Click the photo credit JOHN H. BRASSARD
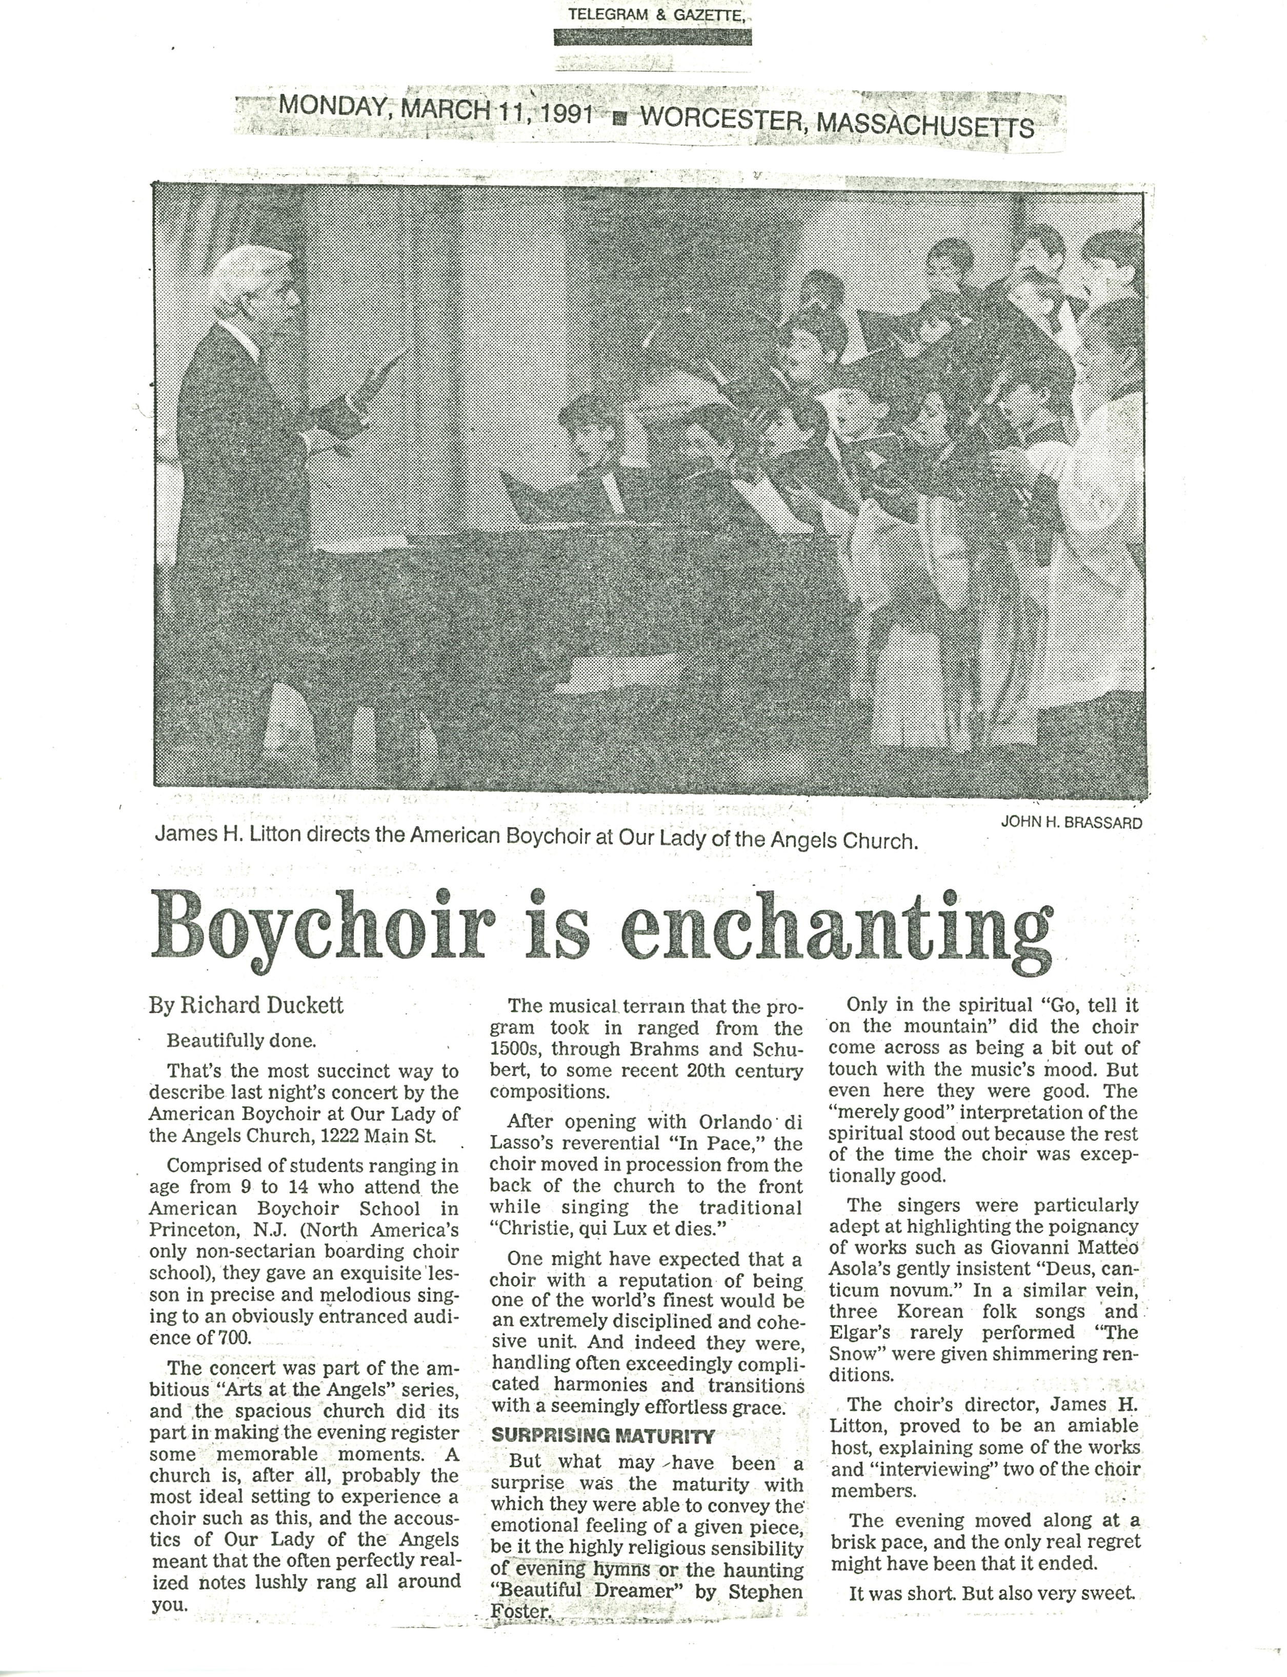tap(1071, 823)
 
